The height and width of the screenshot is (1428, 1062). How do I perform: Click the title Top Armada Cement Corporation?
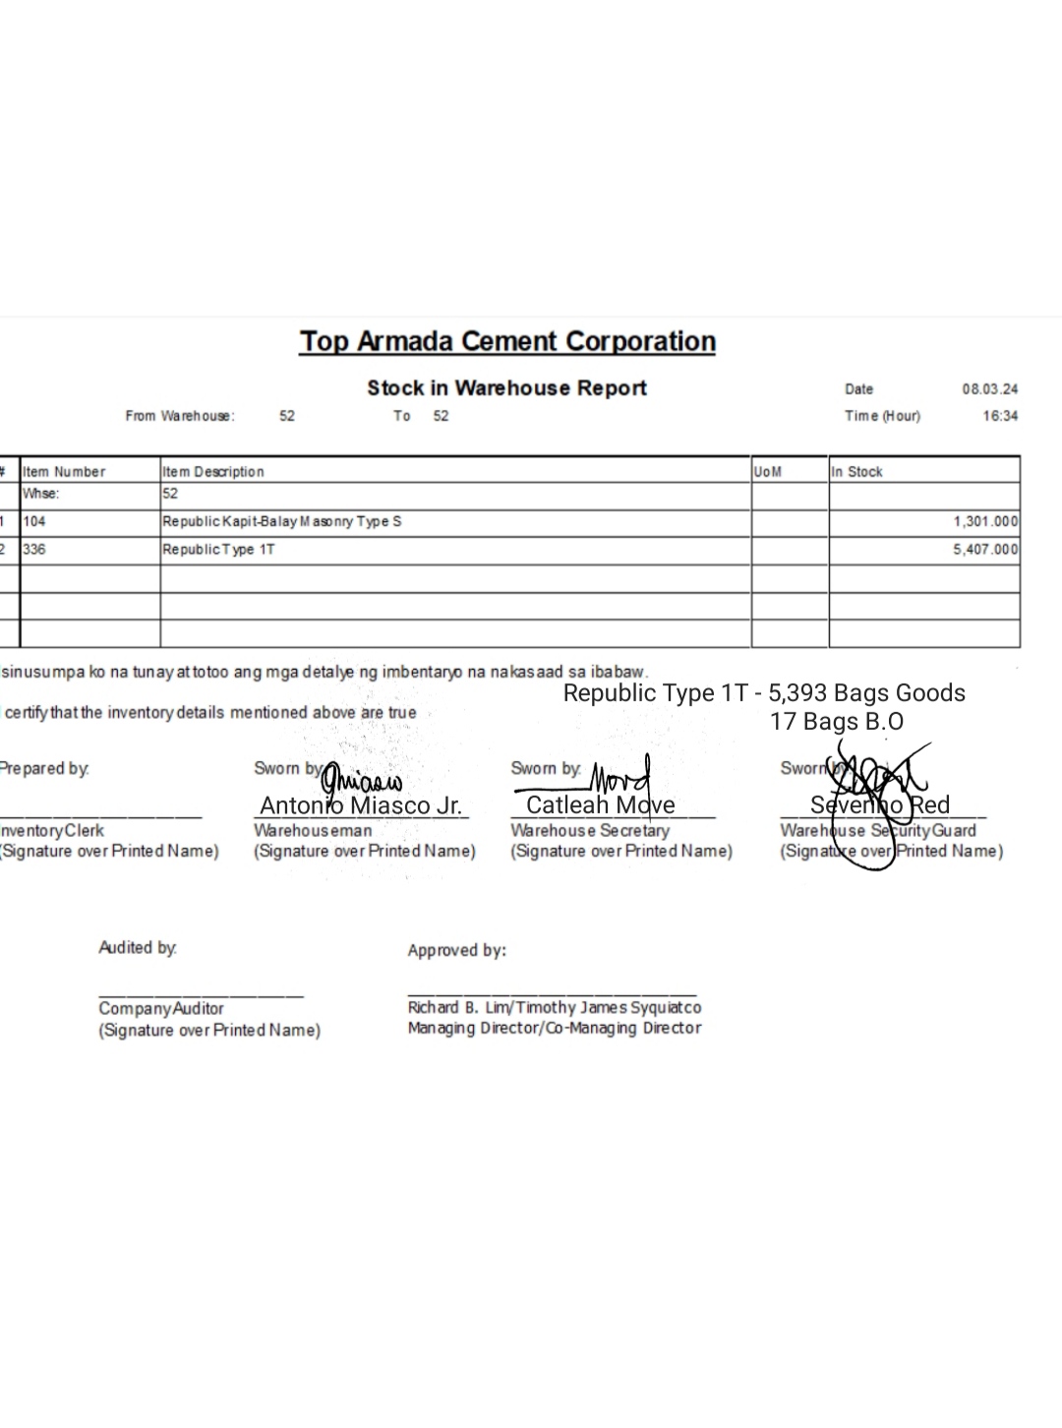(x=507, y=341)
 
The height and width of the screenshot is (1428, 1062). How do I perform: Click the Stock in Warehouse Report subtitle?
(x=506, y=387)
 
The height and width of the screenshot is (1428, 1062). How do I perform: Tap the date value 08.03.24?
(x=989, y=389)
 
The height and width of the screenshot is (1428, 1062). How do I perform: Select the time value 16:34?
(x=1000, y=416)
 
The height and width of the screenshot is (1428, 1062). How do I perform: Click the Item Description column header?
(x=213, y=472)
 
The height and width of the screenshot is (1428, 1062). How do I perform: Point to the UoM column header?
(x=768, y=472)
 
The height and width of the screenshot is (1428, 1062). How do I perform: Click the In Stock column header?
(x=856, y=472)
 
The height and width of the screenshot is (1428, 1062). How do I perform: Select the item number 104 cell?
(x=34, y=521)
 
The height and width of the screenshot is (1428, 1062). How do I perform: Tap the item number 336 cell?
(x=34, y=550)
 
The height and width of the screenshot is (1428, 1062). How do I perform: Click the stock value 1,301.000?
(x=984, y=522)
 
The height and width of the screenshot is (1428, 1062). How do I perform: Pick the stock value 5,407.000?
(x=984, y=550)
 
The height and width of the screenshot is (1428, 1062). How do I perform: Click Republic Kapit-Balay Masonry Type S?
(x=282, y=521)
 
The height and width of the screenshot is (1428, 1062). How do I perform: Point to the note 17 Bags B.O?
(x=836, y=722)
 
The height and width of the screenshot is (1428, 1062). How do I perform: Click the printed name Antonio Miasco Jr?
(x=360, y=806)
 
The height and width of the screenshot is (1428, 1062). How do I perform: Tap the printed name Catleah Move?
(x=600, y=805)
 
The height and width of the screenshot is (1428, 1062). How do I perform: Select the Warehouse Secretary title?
(x=589, y=831)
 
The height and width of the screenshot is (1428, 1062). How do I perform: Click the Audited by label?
(x=138, y=948)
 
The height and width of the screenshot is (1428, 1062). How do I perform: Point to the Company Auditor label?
(x=161, y=1009)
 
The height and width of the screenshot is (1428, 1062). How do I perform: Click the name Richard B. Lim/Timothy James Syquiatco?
(x=555, y=1008)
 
